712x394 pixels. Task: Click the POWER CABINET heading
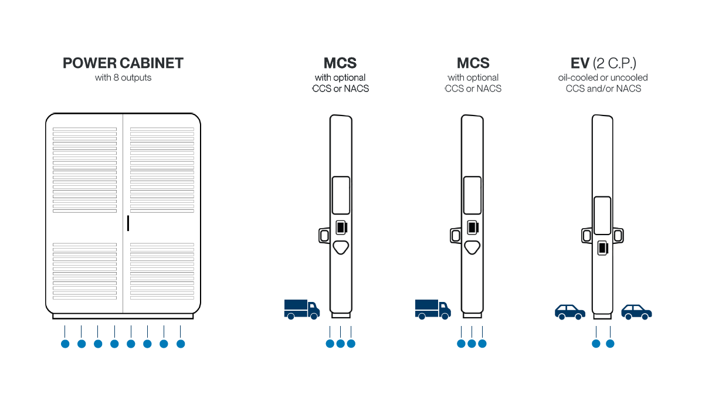point(123,63)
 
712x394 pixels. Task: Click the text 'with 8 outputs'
point(123,77)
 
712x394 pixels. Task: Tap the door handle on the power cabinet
point(128,223)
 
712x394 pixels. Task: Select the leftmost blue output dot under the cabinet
point(65,344)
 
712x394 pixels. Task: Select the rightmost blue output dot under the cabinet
point(181,344)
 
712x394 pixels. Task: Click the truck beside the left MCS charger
point(301,308)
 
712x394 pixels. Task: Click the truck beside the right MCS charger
point(433,308)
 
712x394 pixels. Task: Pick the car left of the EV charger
point(570,311)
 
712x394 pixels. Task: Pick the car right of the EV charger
point(637,311)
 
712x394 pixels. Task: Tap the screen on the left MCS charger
point(341,195)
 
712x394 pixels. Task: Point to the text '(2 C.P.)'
point(614,63)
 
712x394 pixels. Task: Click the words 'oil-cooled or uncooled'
point(603,77)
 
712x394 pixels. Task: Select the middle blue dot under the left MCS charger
point(340,344)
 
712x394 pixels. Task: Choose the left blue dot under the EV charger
point(596,344)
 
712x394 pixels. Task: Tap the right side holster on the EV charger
point(618,236)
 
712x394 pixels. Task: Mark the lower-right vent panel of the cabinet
point(162,271)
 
